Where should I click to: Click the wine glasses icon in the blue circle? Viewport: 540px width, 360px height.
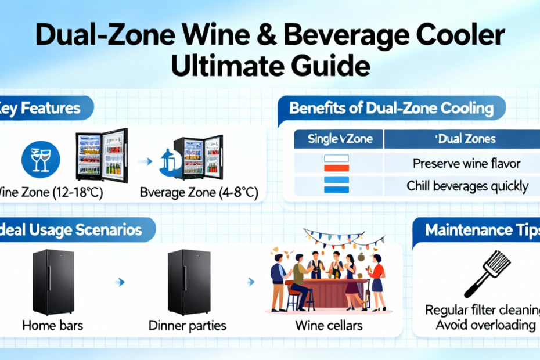pyautogui.click(x=41, y=160)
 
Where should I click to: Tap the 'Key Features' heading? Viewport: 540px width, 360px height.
pyautogui.click(x=40, y=108)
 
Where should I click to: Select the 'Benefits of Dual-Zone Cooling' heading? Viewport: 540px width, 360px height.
pyautogui.click(x=391, y=108)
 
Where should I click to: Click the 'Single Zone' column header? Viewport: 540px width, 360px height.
pyautogui.click(x=340, y=139)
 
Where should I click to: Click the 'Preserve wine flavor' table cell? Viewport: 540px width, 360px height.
pyautogui.click(x=466, y=163)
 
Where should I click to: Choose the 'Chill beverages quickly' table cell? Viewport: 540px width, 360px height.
pyautogui.click(x=467, y=186)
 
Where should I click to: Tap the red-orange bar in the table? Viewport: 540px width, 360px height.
pyautogui.click(x=336, y=168)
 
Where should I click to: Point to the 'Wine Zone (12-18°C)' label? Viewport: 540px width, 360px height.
pyautogui.click(x=51, y=192)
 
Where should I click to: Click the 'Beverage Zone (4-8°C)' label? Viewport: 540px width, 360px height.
pyautogui.click(x=199, y=193)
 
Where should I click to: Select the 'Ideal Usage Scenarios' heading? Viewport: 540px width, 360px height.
pyautogui.click(x=71, y=230)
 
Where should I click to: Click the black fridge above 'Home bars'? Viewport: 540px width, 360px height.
pyautogui.click(x=53, y=282)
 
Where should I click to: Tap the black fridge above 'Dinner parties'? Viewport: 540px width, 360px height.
pyautogui.click(x=189, y=282)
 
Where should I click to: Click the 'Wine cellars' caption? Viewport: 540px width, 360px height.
pyautogui.click(x=329, y=325)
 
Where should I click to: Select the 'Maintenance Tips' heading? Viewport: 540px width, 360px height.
pyautogui.click(x=483, y=230)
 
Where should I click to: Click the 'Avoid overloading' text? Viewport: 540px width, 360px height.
pyautogui.click(x=485, y=325)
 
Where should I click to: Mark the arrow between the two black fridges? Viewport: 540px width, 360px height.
pyautogui.click(x=120, y=282)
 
